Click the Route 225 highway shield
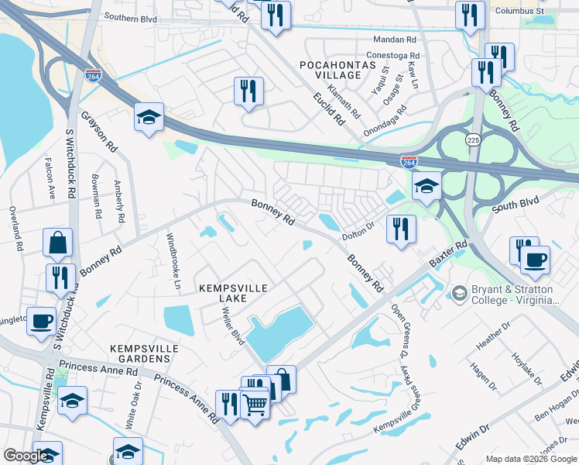pyautogui.click(x=473, y=139)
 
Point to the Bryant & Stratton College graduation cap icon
pyautogui.click(x=459, y=294)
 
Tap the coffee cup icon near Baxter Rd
pyautogui.click(x=534, y=260)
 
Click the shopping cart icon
pyautogui.click(x=255, y=402)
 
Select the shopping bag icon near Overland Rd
pyautogui.click(x=58, y=243)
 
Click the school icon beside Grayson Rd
pyautogui.click(x=149, y=118)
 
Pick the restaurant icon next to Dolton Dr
pyautogui.click(x=400, y=229)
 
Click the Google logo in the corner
pyautogui.click(x=26, y=455)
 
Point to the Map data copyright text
pyautogui.click(x=530, y=459)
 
